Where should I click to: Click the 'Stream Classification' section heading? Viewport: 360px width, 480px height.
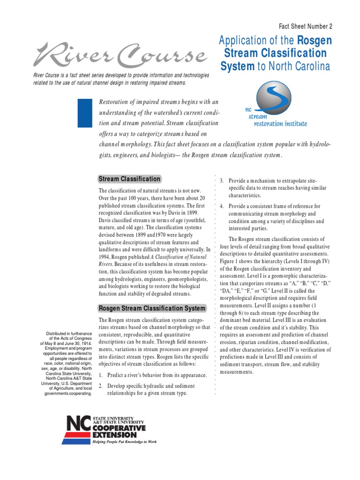point(129,179)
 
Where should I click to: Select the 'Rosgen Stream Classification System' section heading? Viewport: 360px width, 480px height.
point(151,308)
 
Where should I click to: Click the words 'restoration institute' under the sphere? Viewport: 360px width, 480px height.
point(280,124)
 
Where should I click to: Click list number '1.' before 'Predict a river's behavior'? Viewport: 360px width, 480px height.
point(101,375)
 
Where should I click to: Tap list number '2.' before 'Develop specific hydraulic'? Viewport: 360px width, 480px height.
point(101,386)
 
